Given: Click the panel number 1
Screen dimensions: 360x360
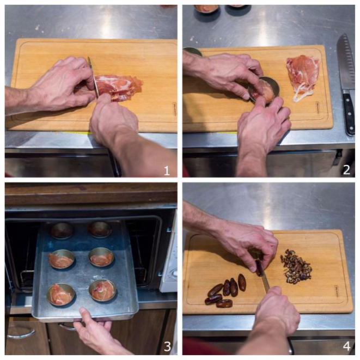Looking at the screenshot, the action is click(x=167, y=171).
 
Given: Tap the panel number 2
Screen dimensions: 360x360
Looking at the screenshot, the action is click(x=346, y=170).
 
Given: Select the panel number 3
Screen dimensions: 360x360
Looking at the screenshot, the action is click(x=167, y=346).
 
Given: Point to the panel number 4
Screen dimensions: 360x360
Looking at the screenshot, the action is click(x=347, y=346).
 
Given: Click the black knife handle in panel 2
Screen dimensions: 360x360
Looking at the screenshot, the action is click(x=349, y=113).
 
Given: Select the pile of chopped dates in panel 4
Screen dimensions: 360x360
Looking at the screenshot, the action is click(x=296, y=266).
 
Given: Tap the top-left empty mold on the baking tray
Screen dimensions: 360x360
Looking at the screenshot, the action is click(x=62, y=230).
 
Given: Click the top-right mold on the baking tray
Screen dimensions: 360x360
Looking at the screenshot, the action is click(x=100, y=229).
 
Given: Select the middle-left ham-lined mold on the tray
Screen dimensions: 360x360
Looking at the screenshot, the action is click(x=62, y=259).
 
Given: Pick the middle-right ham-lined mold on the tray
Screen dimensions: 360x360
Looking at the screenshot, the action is click(x=101, y=257).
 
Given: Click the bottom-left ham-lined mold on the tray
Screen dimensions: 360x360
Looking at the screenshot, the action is click(x=61, y=295).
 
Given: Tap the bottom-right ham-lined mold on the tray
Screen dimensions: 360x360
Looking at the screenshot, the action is click(x=102, y=290).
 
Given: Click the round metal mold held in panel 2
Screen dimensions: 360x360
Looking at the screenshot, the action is click(x=264, y=89).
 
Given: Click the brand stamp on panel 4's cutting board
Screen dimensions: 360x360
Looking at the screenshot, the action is click(x=337, y=292).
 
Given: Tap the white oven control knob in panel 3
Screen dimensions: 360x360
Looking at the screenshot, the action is click(x=175, y=273).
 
